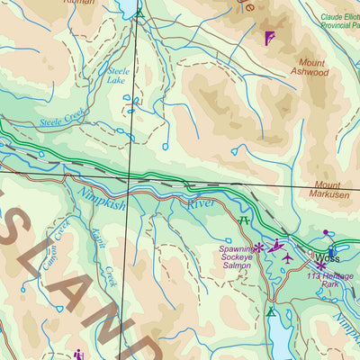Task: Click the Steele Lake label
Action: pyautogui.click(x=118, y=75)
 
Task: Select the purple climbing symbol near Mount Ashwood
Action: pyautogui.click(x=269, y=38)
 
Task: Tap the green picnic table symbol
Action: pyautogui.click(x=243, y=220)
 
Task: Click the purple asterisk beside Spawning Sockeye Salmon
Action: pyautogui.click(x=258, y=247)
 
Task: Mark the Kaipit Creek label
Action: pyautogui.click(x=104, y=262)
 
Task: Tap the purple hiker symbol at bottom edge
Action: pyautogui.click(x=79, y=354)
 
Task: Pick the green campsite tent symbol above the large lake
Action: pyautogui.click(x=271, y=311)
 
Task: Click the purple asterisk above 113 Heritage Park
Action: pyautogui.click(x=320, y=265)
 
